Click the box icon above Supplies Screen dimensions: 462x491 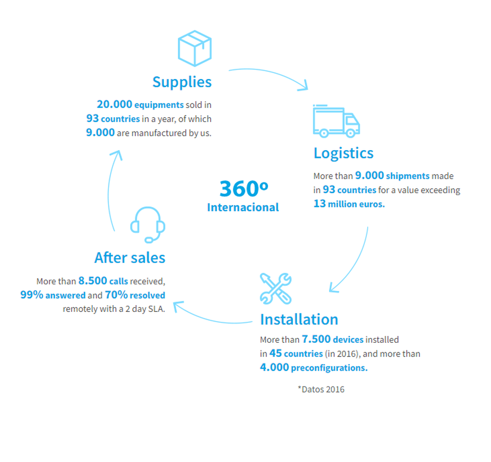pyautogui.click(x=194, y=49)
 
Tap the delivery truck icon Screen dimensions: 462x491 pyautogui.click(x=336, y=121)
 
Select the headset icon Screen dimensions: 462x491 pyautogui.click(x=148, y=225)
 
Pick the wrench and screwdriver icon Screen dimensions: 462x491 pyautogui.click(x=275, y=288)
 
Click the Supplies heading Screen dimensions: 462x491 pyautogui.click(x=182, y=82)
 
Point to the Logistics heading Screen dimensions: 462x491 pyautogui.click(x=343, y=153)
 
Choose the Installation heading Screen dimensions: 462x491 pyautogui.click(x=299, y=319)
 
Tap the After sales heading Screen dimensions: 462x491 pyautogui.click(x=130, y=257)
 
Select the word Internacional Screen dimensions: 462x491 pyautogui.click(x=243, y=207)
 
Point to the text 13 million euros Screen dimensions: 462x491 pyautogui.click(x=349, y=204)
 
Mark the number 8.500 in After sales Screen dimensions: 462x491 pyautogui.click(x=92, y=282)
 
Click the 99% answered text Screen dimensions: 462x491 pyautogui.click(x=53, y=295)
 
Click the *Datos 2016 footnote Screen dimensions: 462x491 pyautogui.click(x=321, y=389)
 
